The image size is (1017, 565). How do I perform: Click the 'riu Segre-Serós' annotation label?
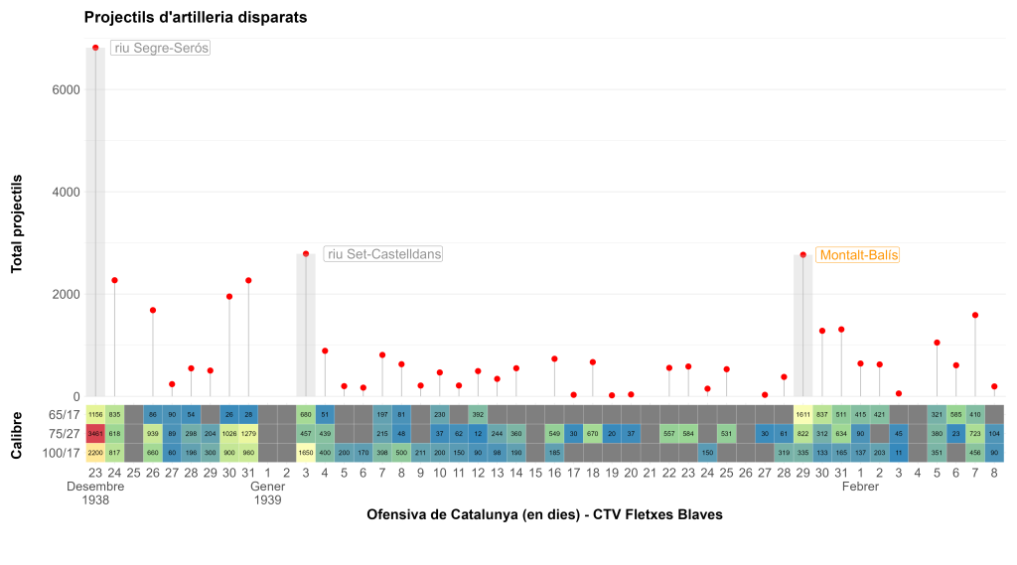[160, 48]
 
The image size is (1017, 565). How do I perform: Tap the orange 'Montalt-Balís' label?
[857, 255]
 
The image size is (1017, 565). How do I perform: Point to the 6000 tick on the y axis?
[66, 89]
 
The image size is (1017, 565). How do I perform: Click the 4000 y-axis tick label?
[66, 192]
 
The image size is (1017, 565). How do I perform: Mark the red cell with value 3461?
[95, 433]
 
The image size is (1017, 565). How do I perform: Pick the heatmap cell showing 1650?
[306, 453]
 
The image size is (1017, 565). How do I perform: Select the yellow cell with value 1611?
[802, 414]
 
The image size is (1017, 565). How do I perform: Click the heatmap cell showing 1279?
[248, 433]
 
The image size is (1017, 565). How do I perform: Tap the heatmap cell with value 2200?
[95, 453]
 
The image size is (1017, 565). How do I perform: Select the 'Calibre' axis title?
[17, 433]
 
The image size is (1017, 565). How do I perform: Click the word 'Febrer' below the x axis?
[860, 488]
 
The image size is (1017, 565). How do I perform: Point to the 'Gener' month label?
[267, 488]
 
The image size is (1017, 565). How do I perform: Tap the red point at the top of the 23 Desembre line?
[95, 48]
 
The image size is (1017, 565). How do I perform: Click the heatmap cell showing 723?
[975, 433]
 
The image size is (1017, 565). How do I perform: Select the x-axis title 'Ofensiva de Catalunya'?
[543, 514]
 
